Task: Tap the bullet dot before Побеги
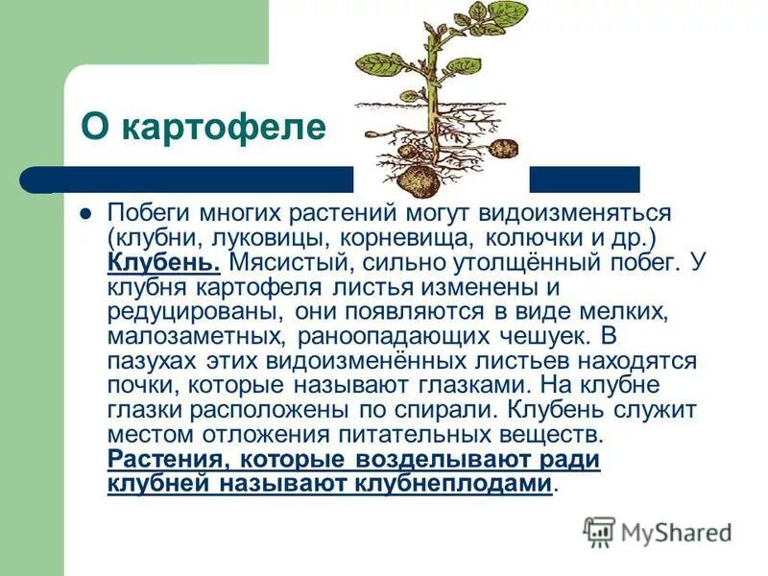(84, 212)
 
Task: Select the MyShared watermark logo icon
(599, 530)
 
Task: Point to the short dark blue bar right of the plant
(585, 179)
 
